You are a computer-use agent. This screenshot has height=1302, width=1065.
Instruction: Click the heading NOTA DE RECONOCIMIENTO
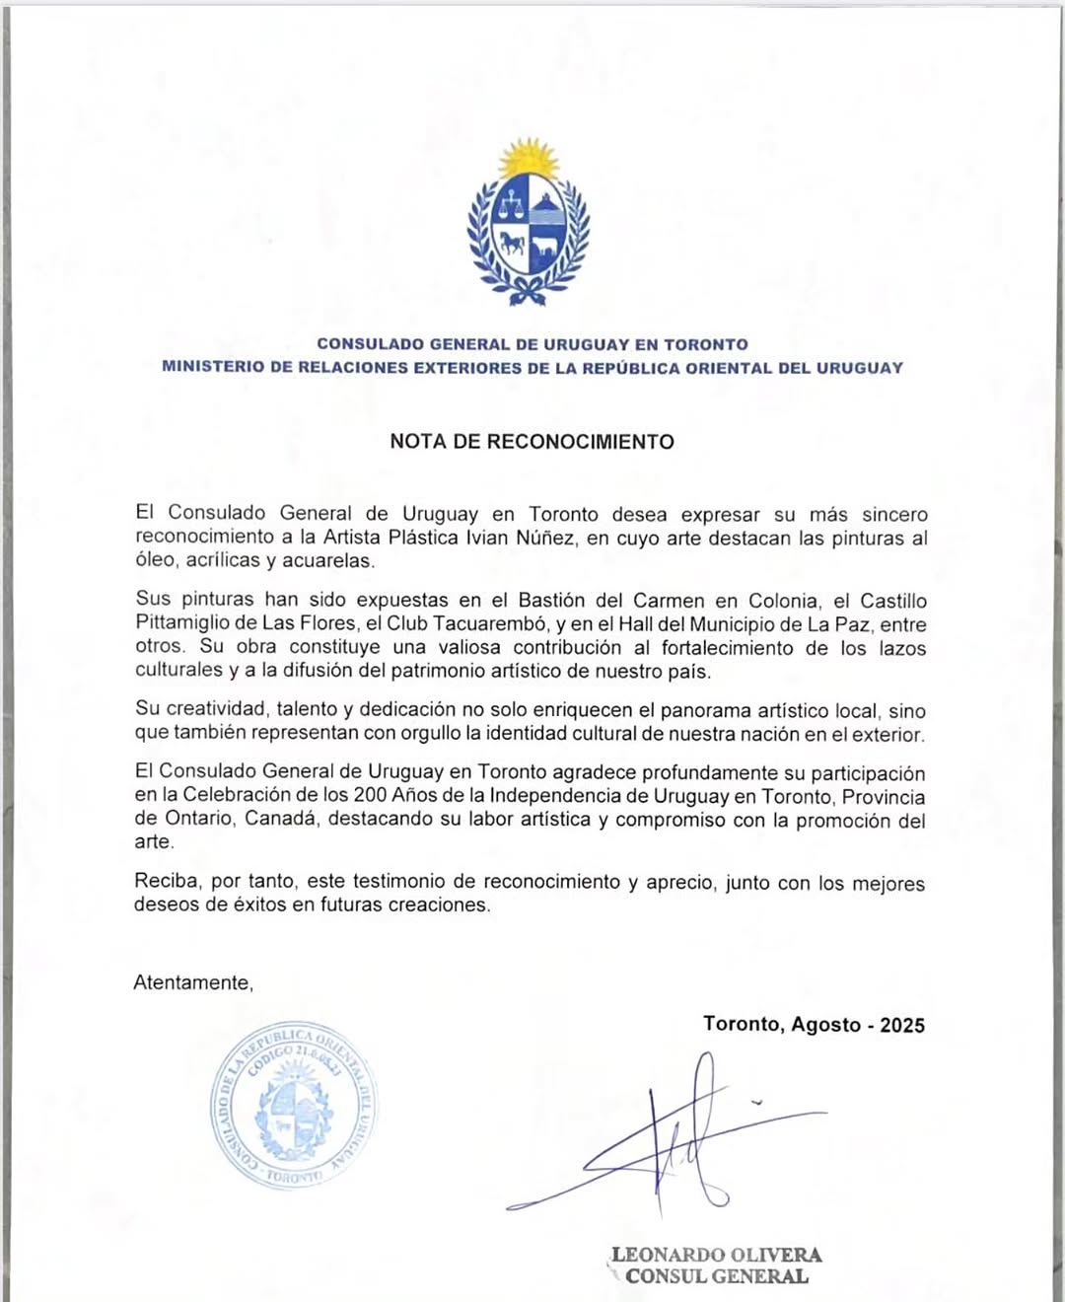pyautogui.click(x=532, y=442)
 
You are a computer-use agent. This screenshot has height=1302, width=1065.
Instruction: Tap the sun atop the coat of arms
pyautogui.click(x=529, y=158)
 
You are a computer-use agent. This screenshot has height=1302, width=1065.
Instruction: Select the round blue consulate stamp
pyautogui.click(x=293, y=1105)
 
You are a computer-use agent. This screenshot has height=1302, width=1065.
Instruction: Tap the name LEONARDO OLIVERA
pyautogui.click(x=717, y=1255)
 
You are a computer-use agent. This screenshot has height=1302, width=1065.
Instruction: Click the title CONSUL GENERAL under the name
pyautogui.click(x=717, y=1276)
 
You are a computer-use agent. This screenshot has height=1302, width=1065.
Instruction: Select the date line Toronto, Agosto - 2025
pyautogui.click(x=814, y=1025)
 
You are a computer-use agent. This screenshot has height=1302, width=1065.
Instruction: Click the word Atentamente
pyautogui.click(x=193, y=982)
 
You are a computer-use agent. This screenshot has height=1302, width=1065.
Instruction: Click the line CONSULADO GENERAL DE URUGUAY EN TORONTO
pyautogui.click(x=532, y=344)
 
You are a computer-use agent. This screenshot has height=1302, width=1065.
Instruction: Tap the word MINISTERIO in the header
pyautogui.click(x=213, y=368)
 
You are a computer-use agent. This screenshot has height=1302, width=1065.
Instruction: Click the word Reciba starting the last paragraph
pyautogui.click(x=166, y=881)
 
